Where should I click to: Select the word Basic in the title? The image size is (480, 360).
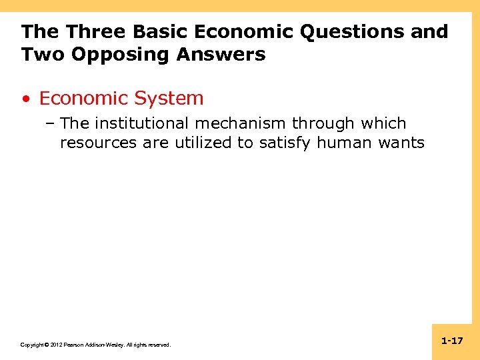155,31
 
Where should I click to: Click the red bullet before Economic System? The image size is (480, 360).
25,99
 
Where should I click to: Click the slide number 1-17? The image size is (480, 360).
452,341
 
